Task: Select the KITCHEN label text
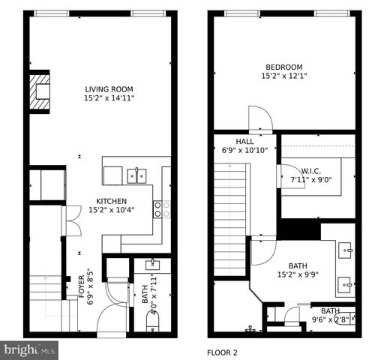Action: pyautogui.click(x=111, y=201)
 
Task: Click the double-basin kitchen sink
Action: pyautogui.click(x=136, y=175)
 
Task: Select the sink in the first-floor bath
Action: pyautogui.click(x=152, y=264)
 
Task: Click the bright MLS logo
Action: pyautogui.click(x=30, y=349)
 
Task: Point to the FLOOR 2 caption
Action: pyautogui.click(x=222, y=352)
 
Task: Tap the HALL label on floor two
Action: pyautogui.click(x=244, y=141)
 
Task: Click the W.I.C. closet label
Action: pyautogui.click(x=311, y=170)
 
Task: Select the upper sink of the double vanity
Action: pyautogui.click(x=346, y=248)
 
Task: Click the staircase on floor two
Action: pyautogui.click(x=231, y=221)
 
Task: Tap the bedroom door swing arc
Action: pyautogui.click(x=259, y=118)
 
